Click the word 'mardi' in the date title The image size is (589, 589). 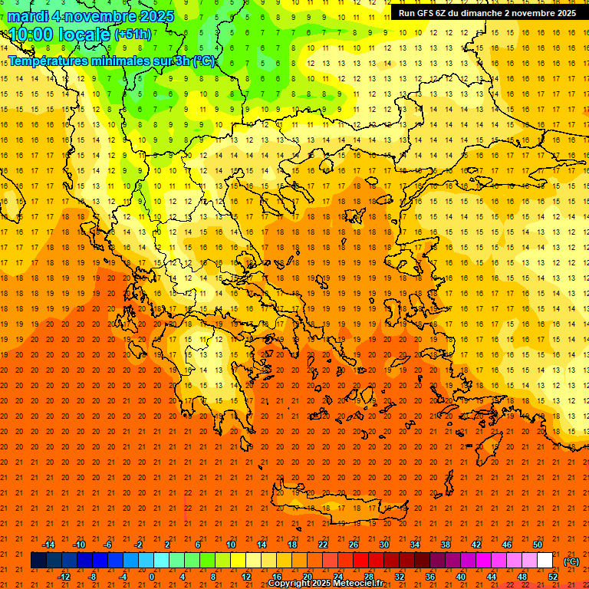coord(30,16)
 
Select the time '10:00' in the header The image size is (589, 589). coord(31,35)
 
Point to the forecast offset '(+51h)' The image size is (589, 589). coord(133,35)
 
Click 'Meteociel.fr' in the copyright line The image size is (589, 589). coord(354,584)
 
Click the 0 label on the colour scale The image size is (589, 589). coord(152,576)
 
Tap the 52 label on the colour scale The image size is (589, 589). coord(553,576)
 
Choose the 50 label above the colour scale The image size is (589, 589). coord(538,545)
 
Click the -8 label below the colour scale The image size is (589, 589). coord(92,576)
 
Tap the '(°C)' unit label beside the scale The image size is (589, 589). coord(571,561)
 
